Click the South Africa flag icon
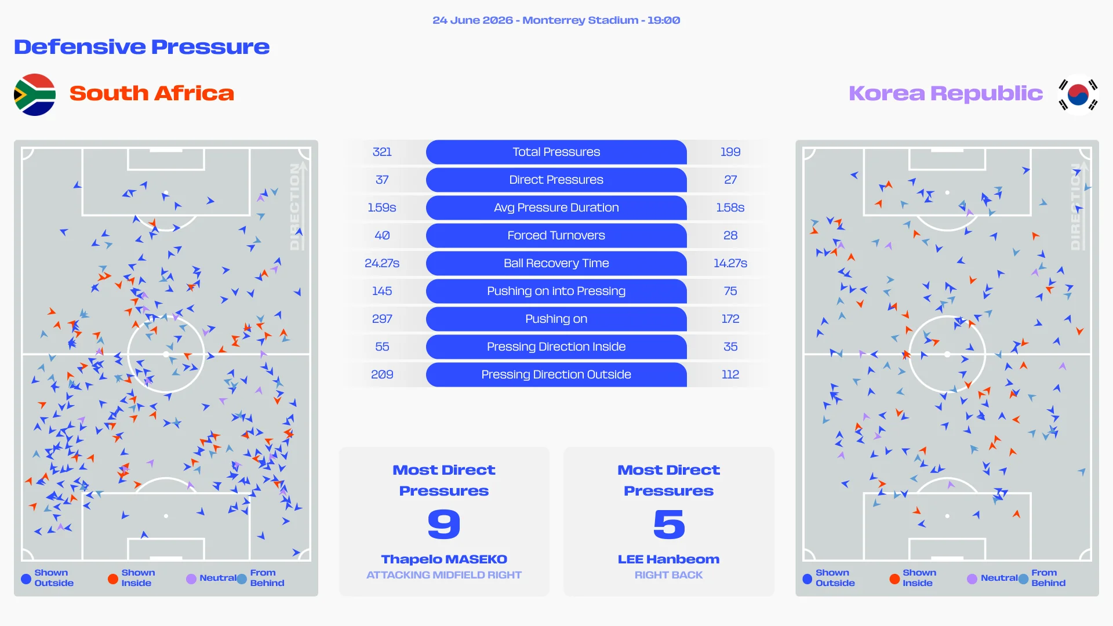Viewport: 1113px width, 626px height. pyautogui.click(x=35, y=94)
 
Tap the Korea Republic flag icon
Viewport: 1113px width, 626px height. pyautogui.click(x=1078, y=94)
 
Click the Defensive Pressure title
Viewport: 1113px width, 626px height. pyautogui.click(x=142, y=47)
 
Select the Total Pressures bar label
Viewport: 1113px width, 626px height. pyautogui.click(x=556, y=152)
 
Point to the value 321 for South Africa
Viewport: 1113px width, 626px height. pyautogui.click(x=382, y=152)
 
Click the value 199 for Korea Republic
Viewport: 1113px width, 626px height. pyautogui.click(x=730, y=152)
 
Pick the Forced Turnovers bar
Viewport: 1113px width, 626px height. pyautogui.click(x=556, y=235)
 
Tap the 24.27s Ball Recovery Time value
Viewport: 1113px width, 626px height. pyautogui.click(x=382, y=263)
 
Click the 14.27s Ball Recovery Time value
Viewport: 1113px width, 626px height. pyautogui.click(x=730, y=263)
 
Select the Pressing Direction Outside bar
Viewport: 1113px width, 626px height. pyautogui.click(x=556, y=374)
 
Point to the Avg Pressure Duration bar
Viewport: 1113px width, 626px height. pyautogui.click(x=556, y=208)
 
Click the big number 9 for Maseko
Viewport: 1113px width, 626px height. pyautogui.click(x=444, y=524)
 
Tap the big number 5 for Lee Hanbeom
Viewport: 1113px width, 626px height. pyautogui.click(x=669, y=524)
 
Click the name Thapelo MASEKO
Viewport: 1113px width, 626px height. pyautogui.click(x=444, y=559)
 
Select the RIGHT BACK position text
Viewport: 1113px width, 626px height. pyautogui.click(x=669, y=575)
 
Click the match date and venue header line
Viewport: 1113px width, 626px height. pyautogui.click(x=556, y=20)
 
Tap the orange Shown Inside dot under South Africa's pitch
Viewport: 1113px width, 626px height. pyautogui.click(x=113, y=578)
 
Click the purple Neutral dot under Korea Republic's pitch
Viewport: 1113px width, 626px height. pyautogui.click(x=972, y=578)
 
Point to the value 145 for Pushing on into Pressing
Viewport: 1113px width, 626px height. pyautogui.click(x=382, y=291)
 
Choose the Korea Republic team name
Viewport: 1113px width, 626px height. pyautogui.click(x=946, y=93)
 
